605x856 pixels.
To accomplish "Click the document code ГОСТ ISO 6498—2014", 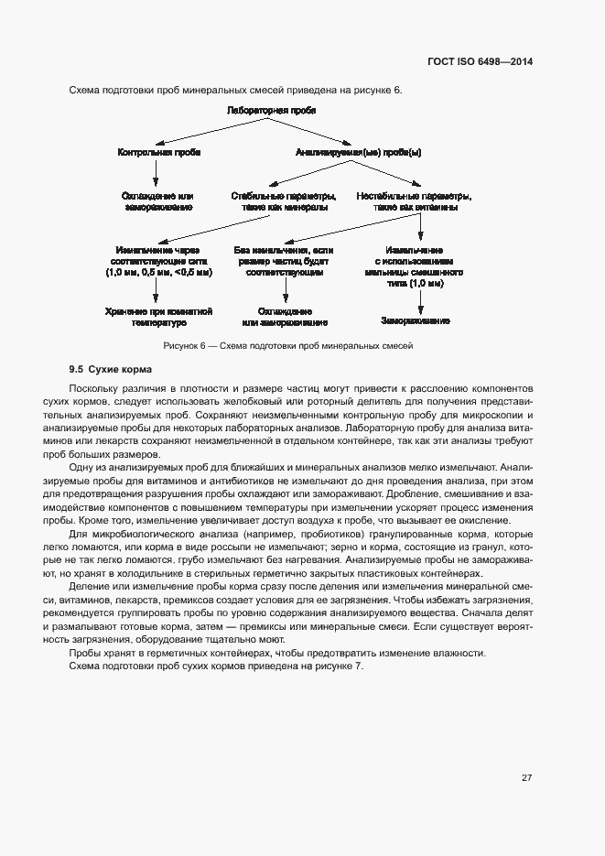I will pyautogui.click(x=481, y=61).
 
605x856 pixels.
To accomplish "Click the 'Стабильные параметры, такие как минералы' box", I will pyautogui.click(x=285, y=201).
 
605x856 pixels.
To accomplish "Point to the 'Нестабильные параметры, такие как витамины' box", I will pyautogui.click(x=415, y=201).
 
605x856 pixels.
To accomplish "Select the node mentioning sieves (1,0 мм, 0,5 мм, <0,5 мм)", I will pyautogui.click(x=159, y=261).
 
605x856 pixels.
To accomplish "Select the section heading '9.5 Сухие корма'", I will pyautogui.click(x=105, y=370).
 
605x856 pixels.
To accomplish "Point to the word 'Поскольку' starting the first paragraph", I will pyautogui.click(x=94, y=389).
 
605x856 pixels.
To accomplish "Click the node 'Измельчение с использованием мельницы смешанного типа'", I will pyautogui.click(x=415, y=266).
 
